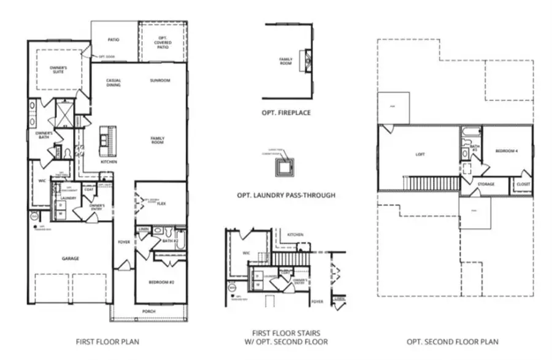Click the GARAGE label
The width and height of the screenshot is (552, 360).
tap(69, 259)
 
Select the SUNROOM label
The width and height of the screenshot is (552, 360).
tap(160, 80)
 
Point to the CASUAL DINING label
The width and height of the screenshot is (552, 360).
tap(113, 82)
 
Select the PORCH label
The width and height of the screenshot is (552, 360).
tap(148, 312)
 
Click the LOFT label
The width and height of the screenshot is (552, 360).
tap(420, 155)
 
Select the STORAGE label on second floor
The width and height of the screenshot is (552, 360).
tap(486, 184)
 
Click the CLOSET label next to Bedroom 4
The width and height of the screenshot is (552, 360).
tap(523, 184)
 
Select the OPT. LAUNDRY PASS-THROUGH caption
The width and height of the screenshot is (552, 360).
tap(286, 196)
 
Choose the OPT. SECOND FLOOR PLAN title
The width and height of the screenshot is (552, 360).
tap(453, 342)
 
